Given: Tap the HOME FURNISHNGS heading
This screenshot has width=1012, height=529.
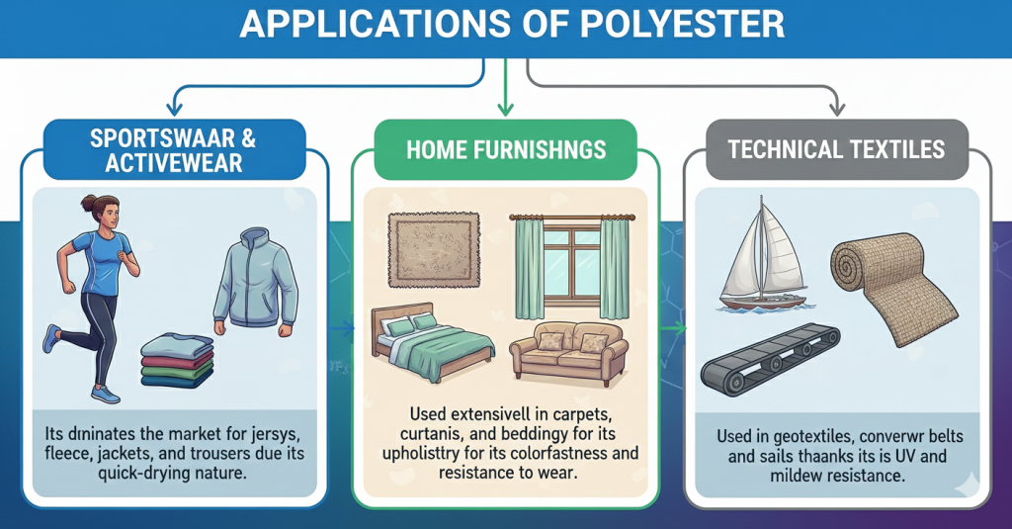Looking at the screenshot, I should [505, 149].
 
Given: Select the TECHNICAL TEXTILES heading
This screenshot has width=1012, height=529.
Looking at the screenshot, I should [836, 149].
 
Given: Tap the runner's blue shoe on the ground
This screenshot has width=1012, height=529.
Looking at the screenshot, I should [104, 393].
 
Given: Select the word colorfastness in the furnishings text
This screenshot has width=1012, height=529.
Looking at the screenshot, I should [562, 453].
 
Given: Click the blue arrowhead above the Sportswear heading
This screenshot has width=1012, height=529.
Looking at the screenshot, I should [174, 107].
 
